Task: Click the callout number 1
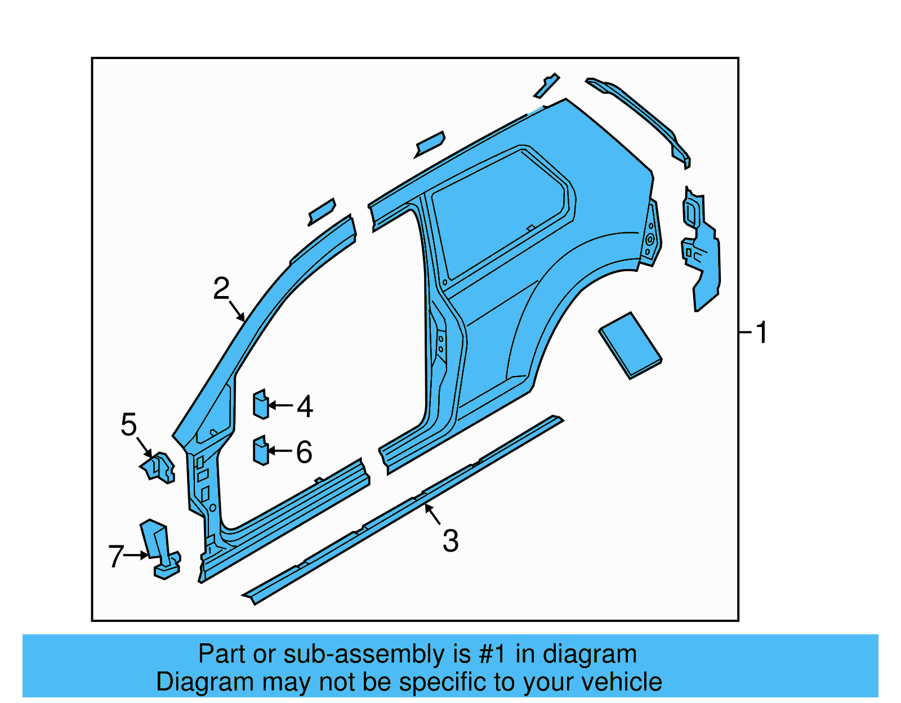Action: click(x=761, y=333)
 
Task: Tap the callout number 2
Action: click(x=221, y=289)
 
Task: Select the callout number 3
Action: click(x=450, y=541)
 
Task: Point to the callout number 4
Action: click(x=305, y=406)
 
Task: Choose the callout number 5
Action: click(x=129, y=424)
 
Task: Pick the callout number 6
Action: click(x=304, y=452)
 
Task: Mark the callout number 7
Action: click(x=115, y=557)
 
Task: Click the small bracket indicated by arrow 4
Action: click(x=260, y=405)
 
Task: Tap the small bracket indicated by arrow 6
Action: click(x=260, y=451)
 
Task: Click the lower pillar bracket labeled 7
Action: click(x=159, y=549)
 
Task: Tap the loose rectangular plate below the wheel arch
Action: click(x=630, y=345)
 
